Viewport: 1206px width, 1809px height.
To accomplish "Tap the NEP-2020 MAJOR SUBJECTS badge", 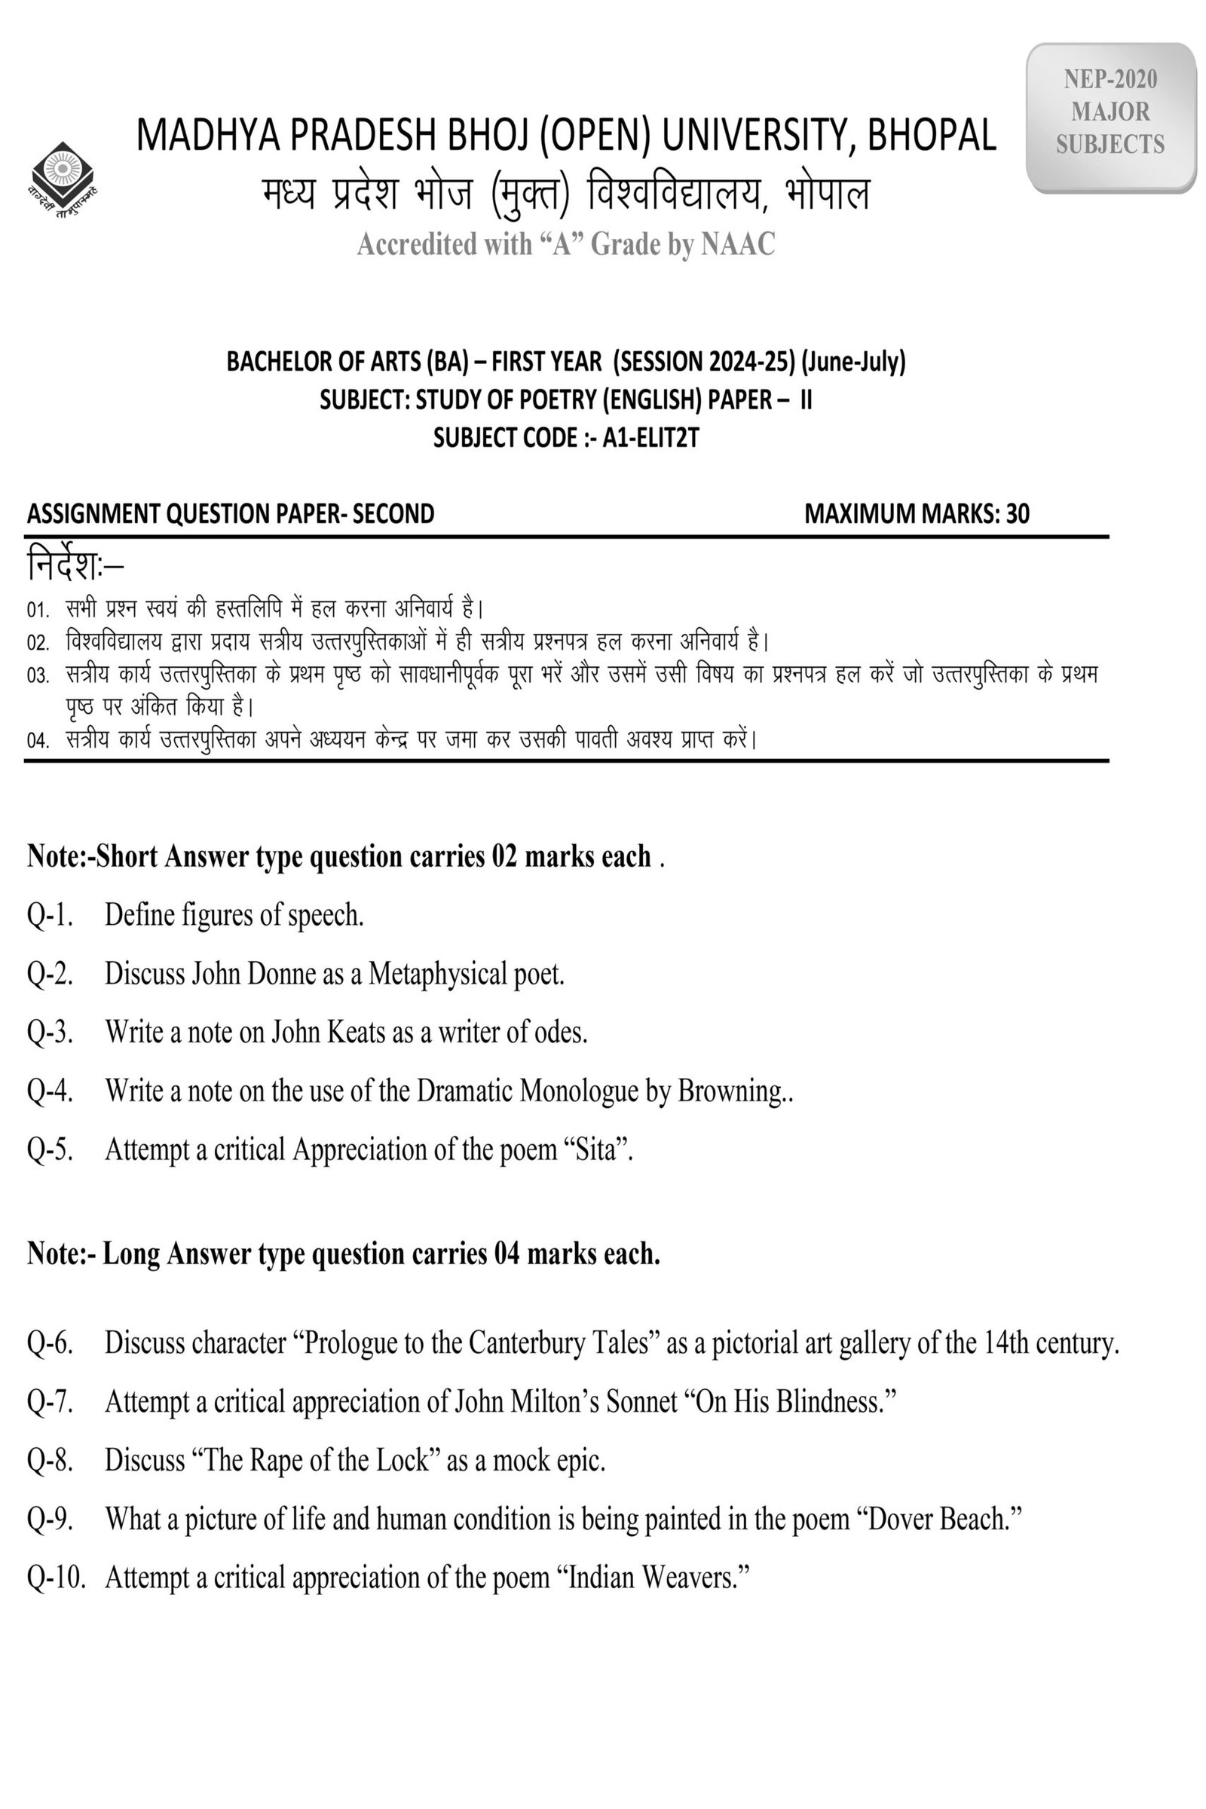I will tap(1110, 112).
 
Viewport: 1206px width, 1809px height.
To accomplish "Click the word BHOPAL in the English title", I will tap(932, 136).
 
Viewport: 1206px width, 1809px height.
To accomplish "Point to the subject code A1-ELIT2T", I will tap(650, 438).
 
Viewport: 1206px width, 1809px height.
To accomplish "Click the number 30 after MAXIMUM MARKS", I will tap(1017, 514).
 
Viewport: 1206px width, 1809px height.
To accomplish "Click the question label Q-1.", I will tap(50, 915).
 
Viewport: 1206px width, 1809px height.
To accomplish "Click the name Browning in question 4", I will tap(729, 1091).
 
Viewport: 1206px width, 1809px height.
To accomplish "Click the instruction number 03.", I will tap(38, 676).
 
